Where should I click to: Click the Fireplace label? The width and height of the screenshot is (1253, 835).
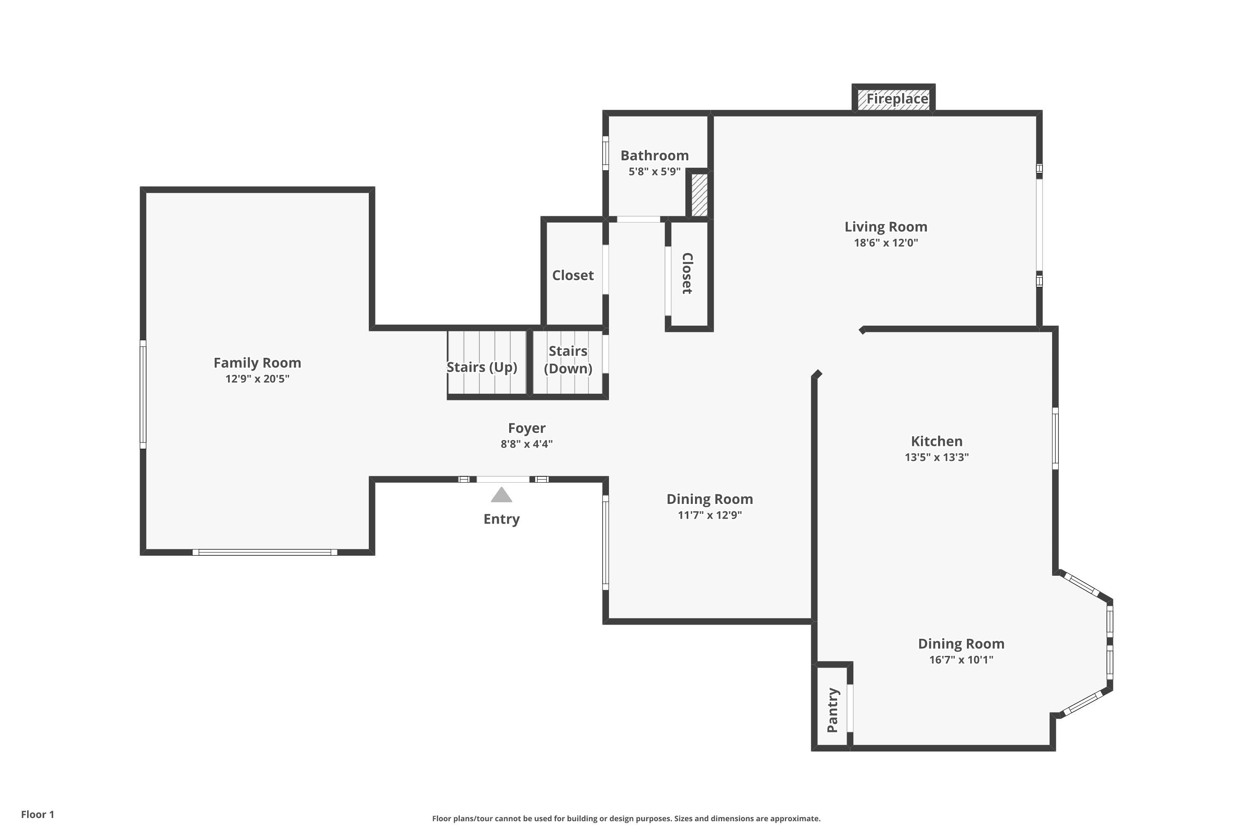coord(897,99)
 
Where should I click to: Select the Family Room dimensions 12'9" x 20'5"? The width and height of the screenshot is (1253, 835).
coord(257,379)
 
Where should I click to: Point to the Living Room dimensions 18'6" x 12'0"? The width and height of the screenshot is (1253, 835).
coord(886,243)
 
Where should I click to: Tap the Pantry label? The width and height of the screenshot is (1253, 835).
coord(833,711)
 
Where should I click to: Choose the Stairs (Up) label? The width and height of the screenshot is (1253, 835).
coord(482,367)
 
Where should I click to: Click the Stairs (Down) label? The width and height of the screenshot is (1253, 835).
coord(568,359)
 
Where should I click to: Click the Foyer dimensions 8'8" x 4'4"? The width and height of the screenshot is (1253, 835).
coord(526,444)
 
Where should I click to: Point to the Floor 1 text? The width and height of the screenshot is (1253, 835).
coord(38,814)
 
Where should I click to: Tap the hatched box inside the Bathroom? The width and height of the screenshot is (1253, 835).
coord(700,195)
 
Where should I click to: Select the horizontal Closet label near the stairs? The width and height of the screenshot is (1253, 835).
coord(573,275)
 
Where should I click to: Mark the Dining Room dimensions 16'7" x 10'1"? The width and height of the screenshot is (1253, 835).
coord(961,660)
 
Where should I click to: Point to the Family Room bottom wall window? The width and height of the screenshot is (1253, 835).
coord(265,552)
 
